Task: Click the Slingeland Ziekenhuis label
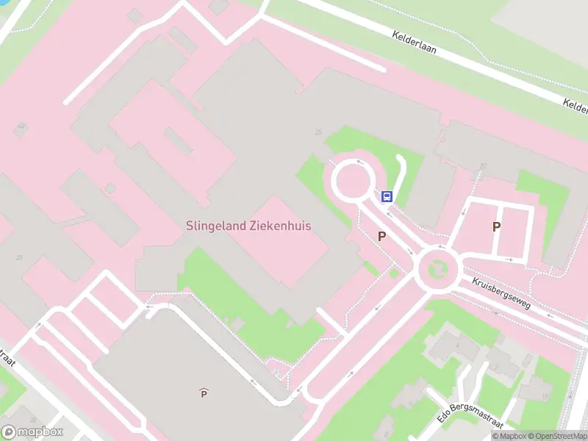[248, 226]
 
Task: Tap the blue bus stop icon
[387, 196]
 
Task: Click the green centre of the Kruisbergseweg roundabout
[437, 269]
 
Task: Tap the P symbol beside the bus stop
[381, 236]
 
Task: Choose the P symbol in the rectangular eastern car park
[497, 227]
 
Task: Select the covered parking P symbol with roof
[204, 393]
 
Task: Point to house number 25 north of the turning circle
[318, 132]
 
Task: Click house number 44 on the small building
[21, 127]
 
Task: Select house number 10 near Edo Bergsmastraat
[545, 395]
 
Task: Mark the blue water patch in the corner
[4, 3]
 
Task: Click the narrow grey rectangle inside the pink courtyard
[179, 141]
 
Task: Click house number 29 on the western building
[20, 257]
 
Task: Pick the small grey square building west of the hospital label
[110, 188]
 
